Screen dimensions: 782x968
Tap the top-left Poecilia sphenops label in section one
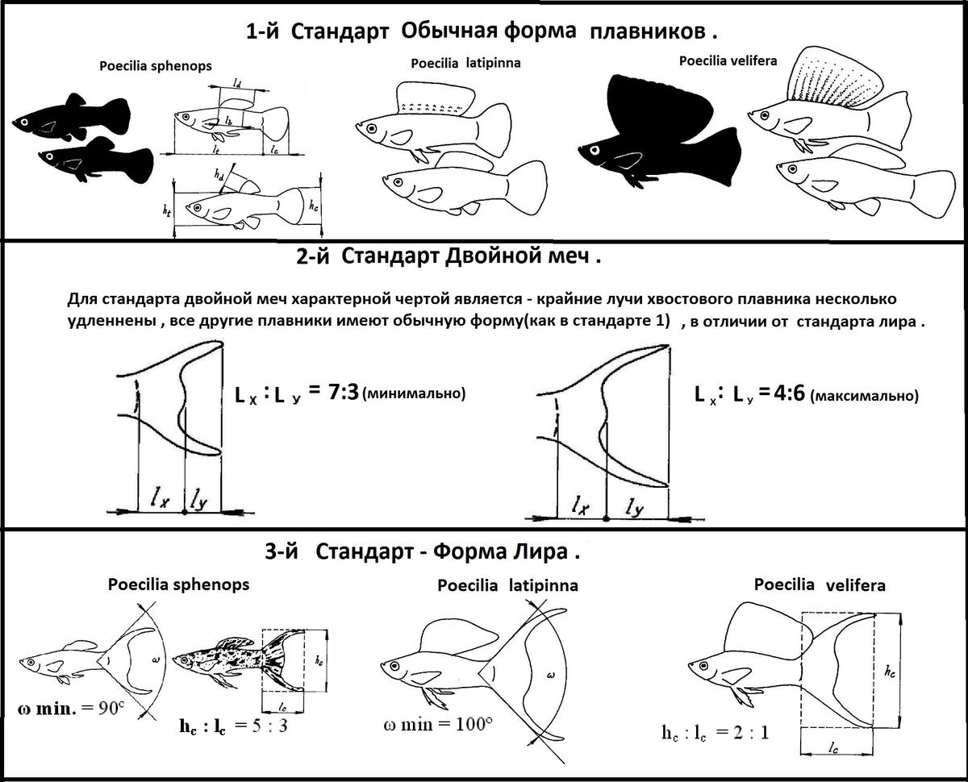point(156,66)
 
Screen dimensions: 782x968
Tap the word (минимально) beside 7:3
point(415,394)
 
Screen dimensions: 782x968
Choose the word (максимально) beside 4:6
point(863,396)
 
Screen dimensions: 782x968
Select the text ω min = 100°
point(439,723)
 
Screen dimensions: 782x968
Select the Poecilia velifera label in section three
point(819,584)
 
